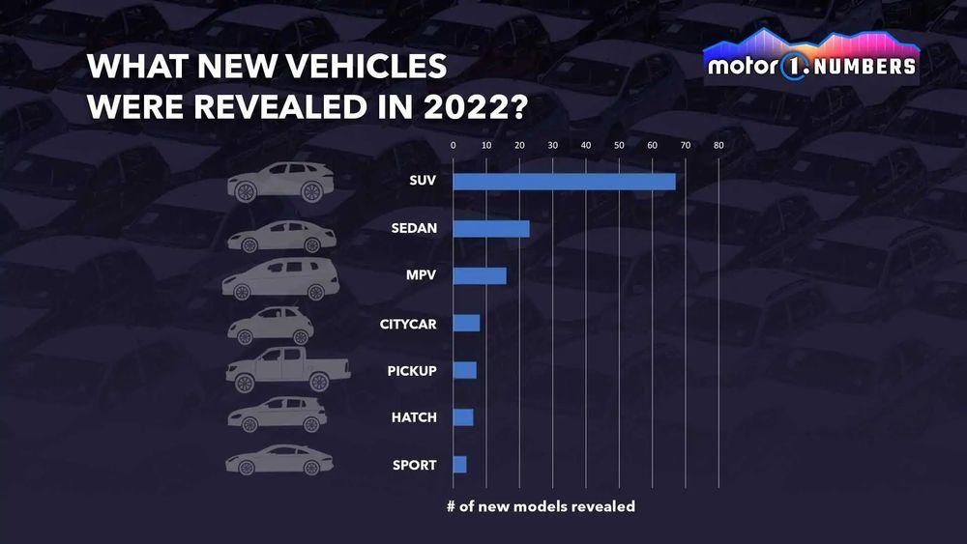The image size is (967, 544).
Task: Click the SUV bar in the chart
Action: [x=564, y=181]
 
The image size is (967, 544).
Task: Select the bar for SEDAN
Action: [x=491, y=228]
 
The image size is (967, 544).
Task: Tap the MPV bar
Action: [x=480, y=275]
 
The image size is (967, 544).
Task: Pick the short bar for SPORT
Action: [x=459, y=465]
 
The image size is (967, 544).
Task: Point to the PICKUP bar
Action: [x=464, y=370]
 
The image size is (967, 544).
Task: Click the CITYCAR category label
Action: [x=408, y=323]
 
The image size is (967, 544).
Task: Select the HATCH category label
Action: [x=414, y=417]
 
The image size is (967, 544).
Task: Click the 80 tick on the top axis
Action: [x=718, y=145]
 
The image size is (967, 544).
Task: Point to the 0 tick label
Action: [x=453, y=145]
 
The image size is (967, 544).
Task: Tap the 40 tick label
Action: [x=585, y=145]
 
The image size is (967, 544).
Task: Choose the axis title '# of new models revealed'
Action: [x=541, y=505]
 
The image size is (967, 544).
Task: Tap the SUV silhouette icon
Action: [x=280, y=182]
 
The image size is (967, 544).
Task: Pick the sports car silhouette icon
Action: [x=278, y=460]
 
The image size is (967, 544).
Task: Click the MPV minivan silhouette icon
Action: [x=280, y=277]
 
